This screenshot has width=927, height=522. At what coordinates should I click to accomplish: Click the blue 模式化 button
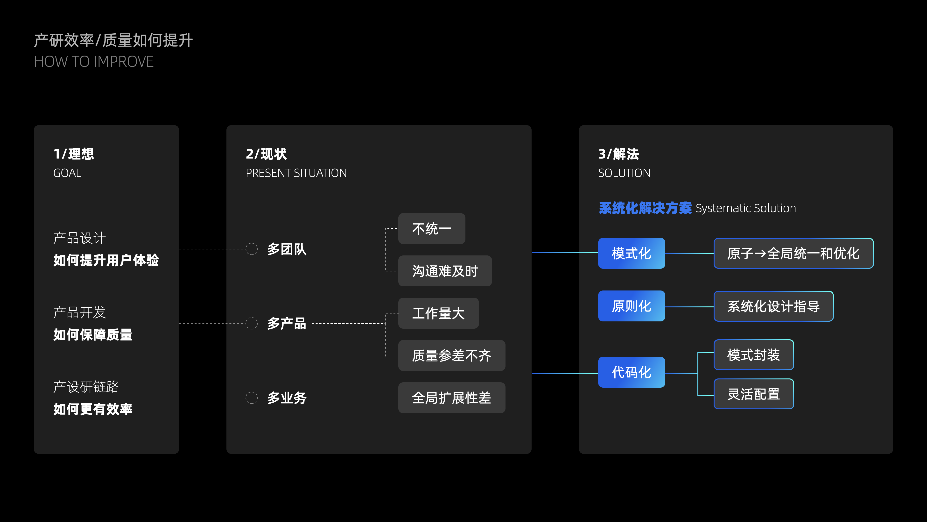[631, 253]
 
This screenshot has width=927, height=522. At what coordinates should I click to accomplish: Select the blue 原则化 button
[631, 306]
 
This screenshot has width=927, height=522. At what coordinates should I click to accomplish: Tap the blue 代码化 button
[631, 372]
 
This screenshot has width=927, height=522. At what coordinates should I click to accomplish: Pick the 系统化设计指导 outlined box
[773, 306]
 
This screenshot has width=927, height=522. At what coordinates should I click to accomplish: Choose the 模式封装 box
[753, 355]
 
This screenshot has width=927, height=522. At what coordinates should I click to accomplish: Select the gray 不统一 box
[431, 229]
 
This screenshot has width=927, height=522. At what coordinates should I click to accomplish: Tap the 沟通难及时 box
[445, 271]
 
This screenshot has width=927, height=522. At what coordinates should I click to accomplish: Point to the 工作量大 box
[438, 313]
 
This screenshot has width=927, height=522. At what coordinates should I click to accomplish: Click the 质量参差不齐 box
[452, 355]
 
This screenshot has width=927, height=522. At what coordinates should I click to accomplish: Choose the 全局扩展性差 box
[452, 398]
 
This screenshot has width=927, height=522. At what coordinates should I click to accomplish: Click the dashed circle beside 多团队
[252, 249]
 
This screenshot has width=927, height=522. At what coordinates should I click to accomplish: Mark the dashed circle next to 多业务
[252, 398]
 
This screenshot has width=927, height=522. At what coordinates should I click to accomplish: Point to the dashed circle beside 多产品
[252, 323]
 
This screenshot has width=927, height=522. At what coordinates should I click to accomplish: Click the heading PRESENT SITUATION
[296, 173]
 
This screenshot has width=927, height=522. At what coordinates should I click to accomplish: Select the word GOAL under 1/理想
[67, 173]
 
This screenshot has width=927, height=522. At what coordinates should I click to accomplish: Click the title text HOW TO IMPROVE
[94, 62]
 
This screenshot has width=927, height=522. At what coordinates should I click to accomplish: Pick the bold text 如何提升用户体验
[106, 260]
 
